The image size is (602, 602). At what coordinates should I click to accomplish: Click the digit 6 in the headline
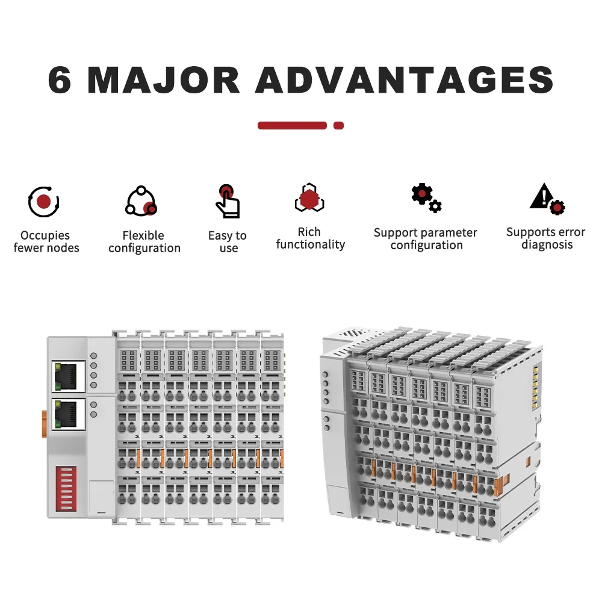click(x=60, y=79)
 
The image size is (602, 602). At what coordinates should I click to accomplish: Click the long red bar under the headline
click(x=292, y=125)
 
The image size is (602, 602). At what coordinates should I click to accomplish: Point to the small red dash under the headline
click(x=338, y=125)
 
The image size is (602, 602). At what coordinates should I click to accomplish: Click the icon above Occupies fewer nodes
click(x=43, y=202)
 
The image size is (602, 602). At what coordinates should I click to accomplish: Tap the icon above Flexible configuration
click(x=141, y=202)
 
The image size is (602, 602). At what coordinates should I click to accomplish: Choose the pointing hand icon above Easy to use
click(x=228, y=200)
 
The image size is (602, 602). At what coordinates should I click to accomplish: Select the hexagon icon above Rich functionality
click(x=309, y=198)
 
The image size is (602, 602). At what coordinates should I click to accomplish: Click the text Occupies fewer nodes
click(x=46, y=241)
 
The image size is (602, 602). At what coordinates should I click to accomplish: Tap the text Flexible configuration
click(x=144, y=241)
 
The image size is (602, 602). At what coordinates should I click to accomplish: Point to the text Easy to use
click(x=228, y=241)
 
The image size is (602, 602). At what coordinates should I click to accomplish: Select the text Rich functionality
click(x=310, y=238)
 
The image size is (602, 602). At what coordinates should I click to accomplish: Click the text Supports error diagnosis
click(x=545, y=238)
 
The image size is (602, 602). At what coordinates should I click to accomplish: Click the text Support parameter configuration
click(x=426, y=238)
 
